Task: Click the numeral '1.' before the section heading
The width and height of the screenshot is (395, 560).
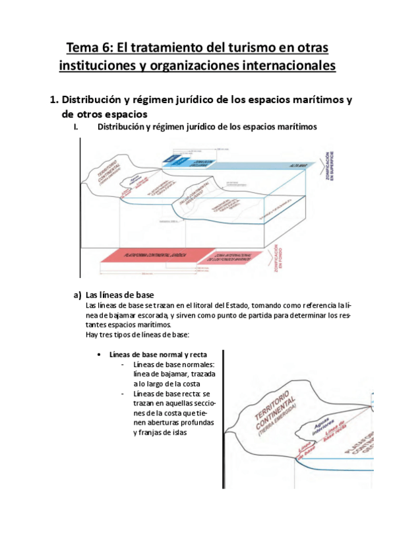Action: (x=54, y=100)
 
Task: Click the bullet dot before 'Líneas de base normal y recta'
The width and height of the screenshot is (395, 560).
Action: (x=99, y=355)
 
